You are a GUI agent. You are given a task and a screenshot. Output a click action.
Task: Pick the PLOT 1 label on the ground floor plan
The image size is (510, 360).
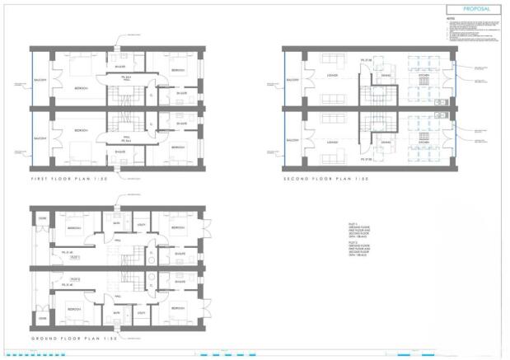(x=74, y=257)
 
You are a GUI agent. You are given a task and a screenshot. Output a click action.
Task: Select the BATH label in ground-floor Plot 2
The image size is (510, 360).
(x=118, y=314)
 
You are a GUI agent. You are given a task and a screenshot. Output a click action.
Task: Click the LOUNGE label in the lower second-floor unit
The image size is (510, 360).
(x=332, y=143)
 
